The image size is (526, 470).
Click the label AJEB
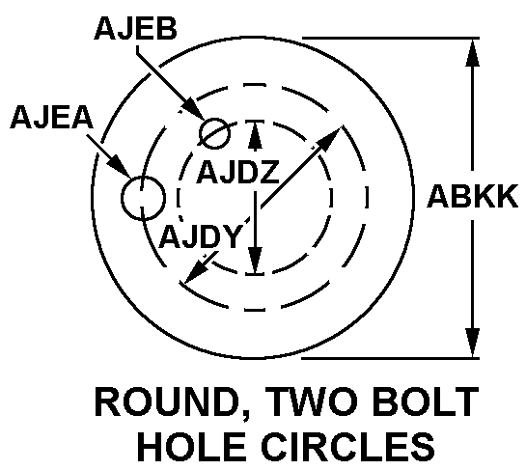coord(135,29)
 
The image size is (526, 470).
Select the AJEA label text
coord(52,117)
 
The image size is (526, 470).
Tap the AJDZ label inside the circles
coord(237,172)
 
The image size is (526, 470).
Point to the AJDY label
coord(201,236)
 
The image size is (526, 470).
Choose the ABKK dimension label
coord(472,196)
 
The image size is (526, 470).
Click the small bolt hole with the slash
coord(214,133)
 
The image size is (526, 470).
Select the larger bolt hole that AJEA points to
coord(143,198)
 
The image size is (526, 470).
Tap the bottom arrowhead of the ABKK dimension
coord(472,343)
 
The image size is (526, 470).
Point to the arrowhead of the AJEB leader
coord(193,109)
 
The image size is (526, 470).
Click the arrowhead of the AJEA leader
coord(120,166)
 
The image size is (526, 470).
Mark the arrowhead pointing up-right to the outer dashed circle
coord(329,138)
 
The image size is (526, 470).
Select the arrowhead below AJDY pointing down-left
coord(197,269)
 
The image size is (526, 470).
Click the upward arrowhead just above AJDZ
coord(256,135)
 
